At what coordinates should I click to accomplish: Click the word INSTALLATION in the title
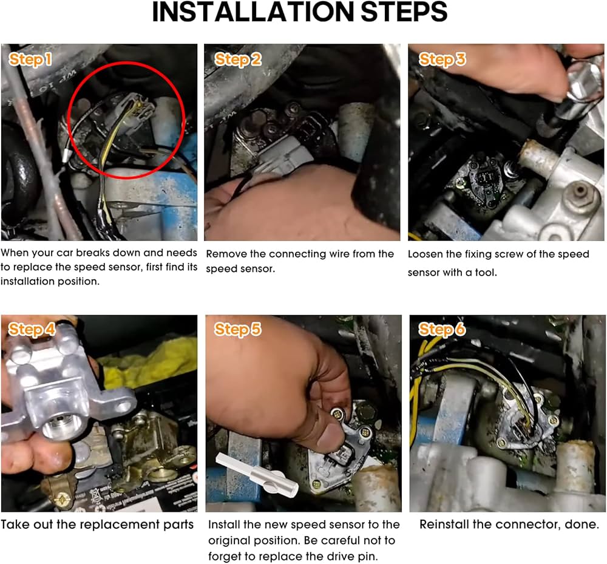tap(253, 12)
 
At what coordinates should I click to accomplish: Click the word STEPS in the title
tap(404, 12)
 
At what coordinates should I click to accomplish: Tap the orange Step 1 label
tap(30, 59)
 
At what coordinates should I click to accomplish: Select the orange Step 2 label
tap(238, 59)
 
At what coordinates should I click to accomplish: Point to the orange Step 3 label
tap(442, 59)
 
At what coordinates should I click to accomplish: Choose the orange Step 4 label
tap(32, 330)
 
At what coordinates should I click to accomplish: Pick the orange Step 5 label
tap(238, 330)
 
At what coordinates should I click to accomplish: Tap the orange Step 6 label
tap(442, 330)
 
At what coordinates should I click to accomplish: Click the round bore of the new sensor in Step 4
tap(57, 426)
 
